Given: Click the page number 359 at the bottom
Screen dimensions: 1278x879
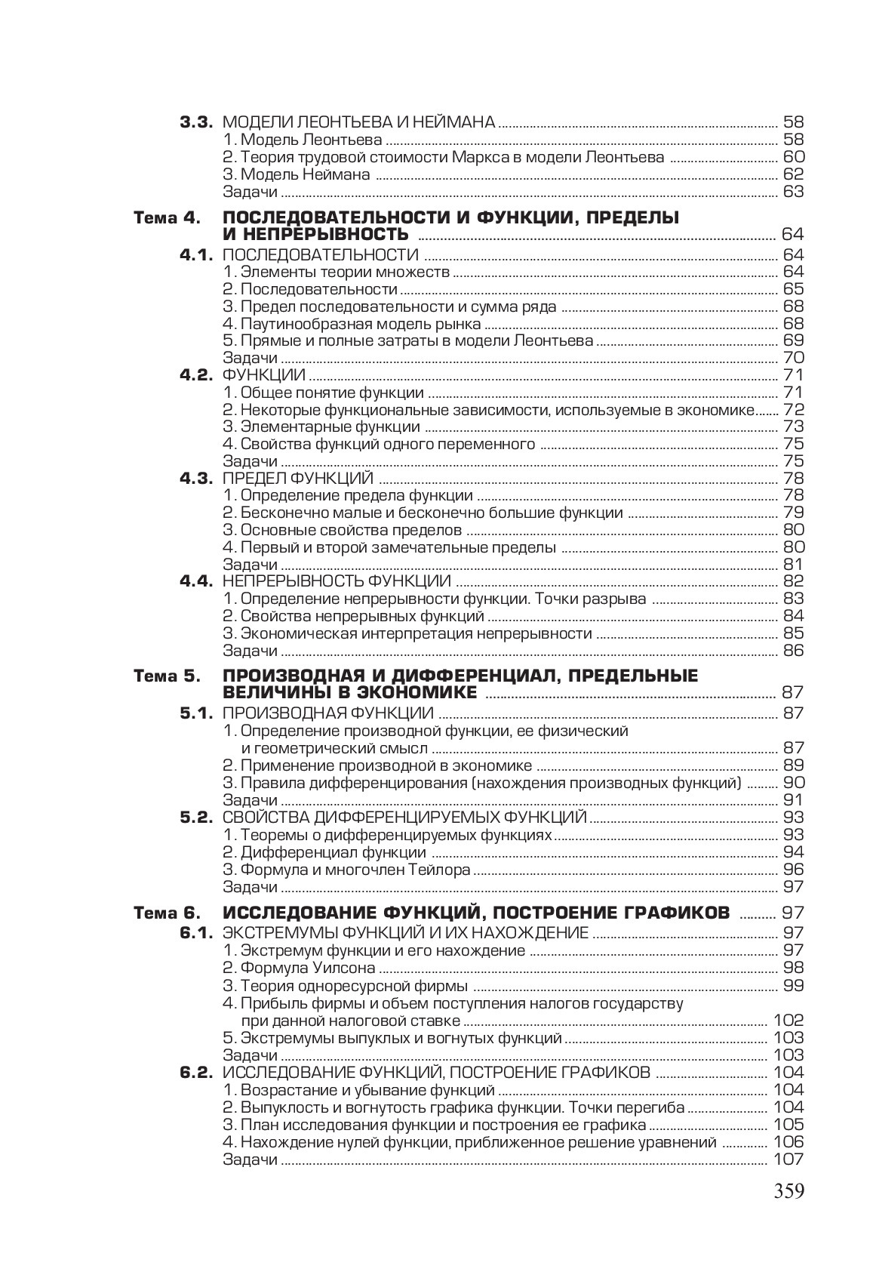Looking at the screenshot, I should [788, 1191].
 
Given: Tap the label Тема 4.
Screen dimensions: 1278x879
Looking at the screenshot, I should [168, 218].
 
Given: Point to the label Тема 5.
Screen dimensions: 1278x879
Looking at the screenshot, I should [168, 676].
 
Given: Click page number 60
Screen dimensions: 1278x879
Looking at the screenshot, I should [794, 157].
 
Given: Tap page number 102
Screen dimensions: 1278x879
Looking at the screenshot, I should [788, 1021].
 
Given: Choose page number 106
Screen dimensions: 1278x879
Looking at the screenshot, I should [788, 1142].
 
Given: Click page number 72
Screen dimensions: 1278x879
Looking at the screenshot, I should [794, 410].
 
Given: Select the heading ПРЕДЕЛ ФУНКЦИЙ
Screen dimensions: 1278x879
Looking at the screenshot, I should [298, 479].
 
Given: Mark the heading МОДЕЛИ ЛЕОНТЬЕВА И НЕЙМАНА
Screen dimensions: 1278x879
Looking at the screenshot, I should [359, 122].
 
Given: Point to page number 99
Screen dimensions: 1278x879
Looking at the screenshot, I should [794, 986].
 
